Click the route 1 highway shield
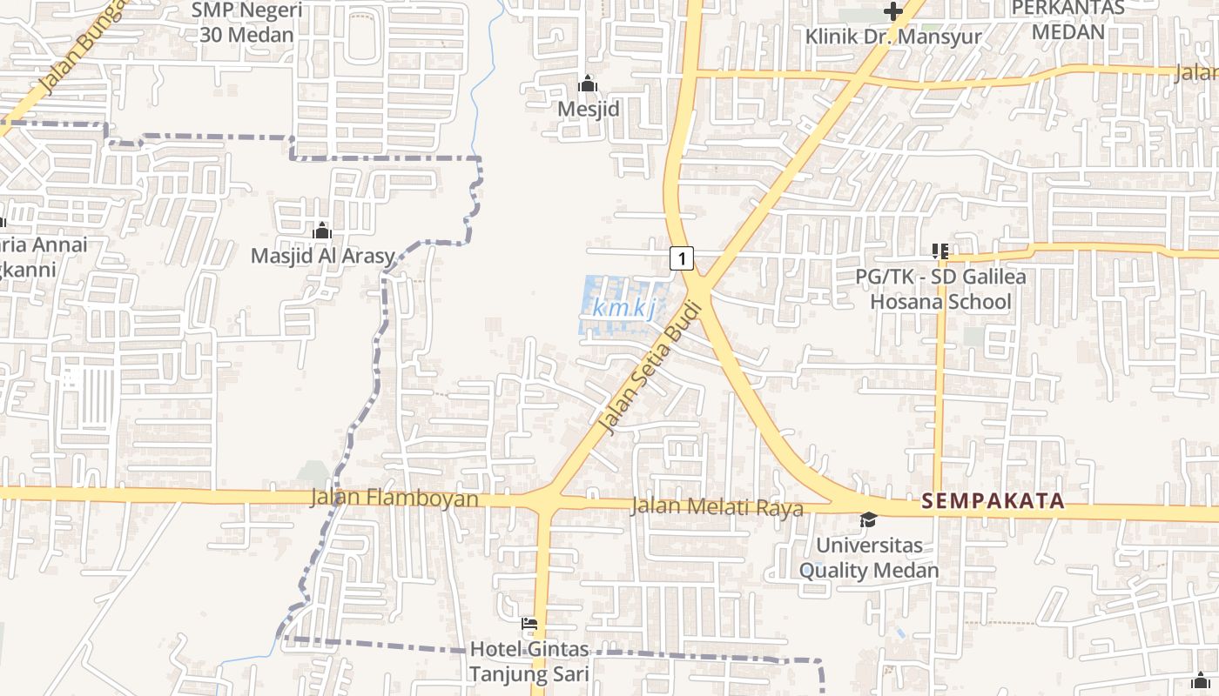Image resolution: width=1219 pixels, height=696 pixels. (682, 258)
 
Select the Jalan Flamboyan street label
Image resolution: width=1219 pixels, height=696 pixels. (394, 499)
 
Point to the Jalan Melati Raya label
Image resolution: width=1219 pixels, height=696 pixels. (717, 506)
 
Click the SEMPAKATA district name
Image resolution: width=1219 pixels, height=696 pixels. (993, 500)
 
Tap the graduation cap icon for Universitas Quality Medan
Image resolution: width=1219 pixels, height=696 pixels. (868, 519)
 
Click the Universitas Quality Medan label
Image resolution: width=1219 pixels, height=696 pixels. (869, 559)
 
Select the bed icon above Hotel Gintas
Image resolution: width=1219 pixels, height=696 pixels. (529, 624)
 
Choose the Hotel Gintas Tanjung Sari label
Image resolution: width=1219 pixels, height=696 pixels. (529, 662)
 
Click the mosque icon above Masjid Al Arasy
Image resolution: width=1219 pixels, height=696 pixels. (322, 231)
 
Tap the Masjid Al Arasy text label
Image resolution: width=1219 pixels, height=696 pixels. (322, 257)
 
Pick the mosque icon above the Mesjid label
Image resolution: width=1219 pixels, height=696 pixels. (588, 84)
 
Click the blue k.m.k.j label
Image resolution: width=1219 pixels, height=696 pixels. (623, 308)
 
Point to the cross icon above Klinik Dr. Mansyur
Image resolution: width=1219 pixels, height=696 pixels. (892, 11)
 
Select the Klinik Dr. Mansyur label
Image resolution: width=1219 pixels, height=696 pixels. (893, 37)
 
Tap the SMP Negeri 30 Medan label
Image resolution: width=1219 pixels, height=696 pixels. (246, 23)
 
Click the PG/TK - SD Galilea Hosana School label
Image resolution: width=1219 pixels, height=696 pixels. (940, 290)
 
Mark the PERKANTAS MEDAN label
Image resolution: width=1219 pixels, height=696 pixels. (1067, 20)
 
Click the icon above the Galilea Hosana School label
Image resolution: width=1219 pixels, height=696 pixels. (940, 251)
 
